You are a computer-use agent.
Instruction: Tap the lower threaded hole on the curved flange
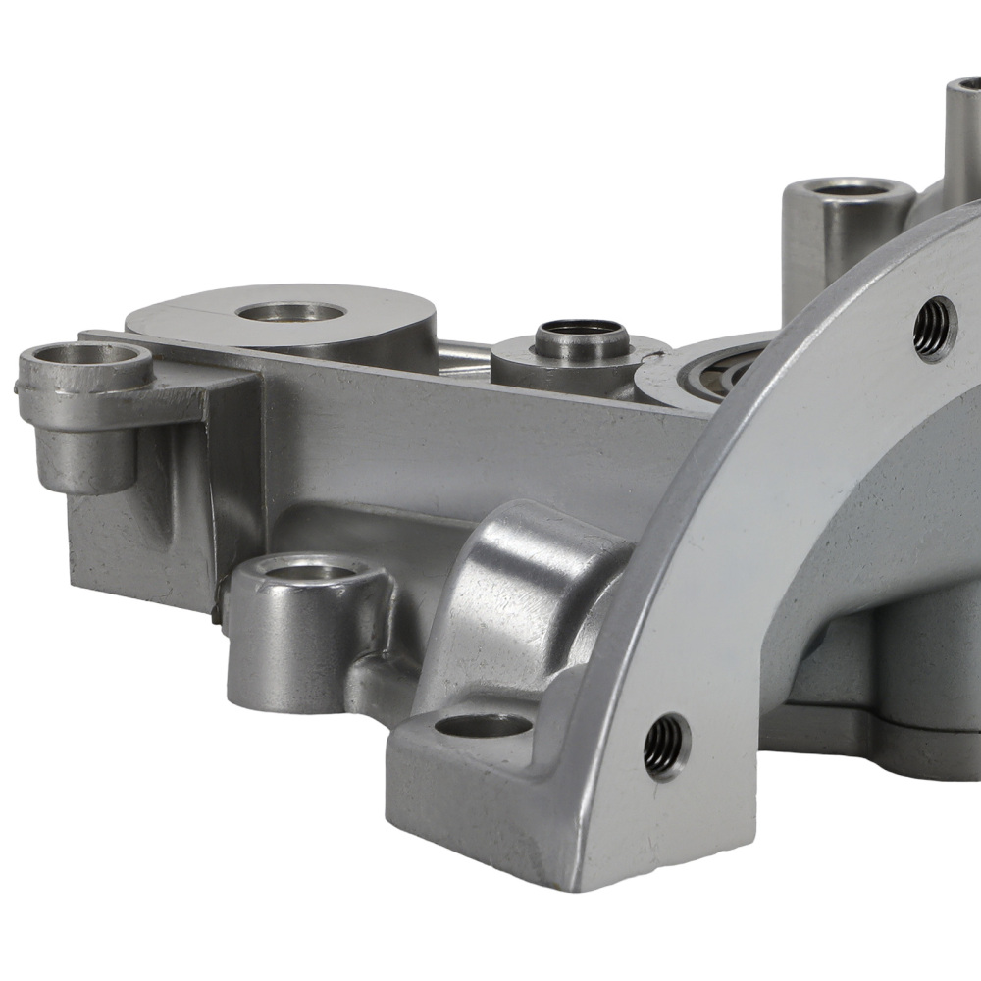tap(666, 747)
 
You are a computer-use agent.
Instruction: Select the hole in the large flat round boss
tap(290, 313)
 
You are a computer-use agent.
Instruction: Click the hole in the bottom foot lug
tap(483, 726)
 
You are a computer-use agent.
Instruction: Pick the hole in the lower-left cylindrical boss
tap(311, 571)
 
